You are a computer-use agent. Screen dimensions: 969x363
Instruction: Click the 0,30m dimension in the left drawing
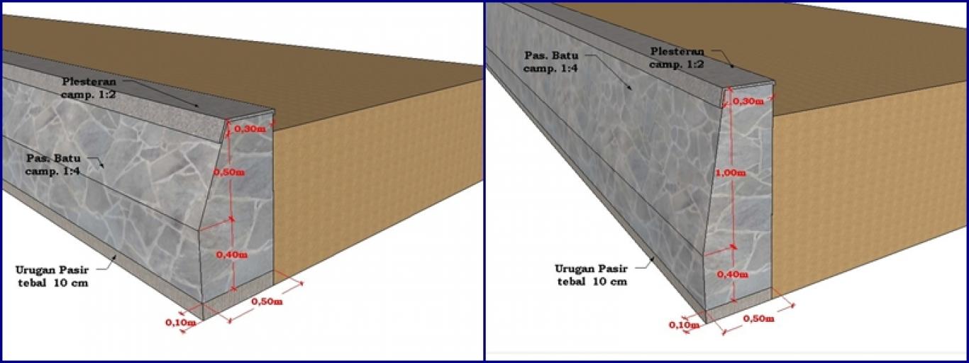tap(250, 128)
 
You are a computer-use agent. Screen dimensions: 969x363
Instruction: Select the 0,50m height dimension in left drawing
tap(229, 172)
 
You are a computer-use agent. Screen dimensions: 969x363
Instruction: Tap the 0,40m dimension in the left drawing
tap(232, 255)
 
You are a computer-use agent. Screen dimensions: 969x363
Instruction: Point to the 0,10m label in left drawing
tap(181, 323)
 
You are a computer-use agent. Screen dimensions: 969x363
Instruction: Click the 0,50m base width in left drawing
tap(267, 301)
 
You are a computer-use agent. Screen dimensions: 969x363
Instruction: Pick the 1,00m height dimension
tap(731, 173)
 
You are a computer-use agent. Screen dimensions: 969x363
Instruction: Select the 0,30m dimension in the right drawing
tap(748, 101)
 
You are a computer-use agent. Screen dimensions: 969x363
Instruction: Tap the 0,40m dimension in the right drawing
tap(732, 274)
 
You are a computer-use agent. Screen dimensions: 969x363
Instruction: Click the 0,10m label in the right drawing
tap(685, 325)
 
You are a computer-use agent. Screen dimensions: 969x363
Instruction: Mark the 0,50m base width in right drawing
tap(759, 318)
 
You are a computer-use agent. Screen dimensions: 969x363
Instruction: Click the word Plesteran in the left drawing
tap(89, 82)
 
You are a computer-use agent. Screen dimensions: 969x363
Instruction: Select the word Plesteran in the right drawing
tap(677, 52)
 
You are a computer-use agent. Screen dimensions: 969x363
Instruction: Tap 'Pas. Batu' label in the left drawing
tap(53, 157)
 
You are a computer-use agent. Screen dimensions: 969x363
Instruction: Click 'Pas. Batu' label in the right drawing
tap(551, 56)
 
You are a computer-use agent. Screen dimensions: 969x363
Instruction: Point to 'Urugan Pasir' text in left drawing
tap(52, 270)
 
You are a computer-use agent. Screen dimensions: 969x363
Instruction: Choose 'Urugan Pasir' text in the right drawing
tap(591, 269)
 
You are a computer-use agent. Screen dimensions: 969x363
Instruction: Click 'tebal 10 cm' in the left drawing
tap(52, 284)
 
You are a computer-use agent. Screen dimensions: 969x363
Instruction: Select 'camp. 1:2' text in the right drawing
tap(677, 65)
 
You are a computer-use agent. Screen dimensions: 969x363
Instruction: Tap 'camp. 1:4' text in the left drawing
tap(52, 171)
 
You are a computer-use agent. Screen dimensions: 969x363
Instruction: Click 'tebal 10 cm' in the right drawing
tap(592, 282)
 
